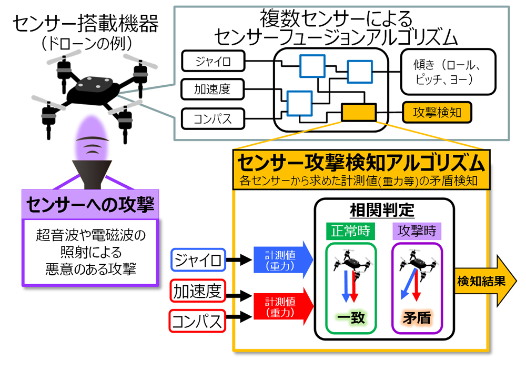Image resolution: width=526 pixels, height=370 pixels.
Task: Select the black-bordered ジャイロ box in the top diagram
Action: (x=214, y=62)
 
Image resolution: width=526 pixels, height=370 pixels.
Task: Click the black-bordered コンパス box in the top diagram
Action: (x=214, y=118)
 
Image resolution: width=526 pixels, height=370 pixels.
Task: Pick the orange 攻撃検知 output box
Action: (x=437, y=112)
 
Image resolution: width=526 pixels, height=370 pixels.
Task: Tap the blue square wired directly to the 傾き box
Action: (x=359, y=72)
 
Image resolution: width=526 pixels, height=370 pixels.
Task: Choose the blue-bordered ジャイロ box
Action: (x=199, y=259)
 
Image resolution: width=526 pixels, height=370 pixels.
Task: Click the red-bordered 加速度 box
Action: (x=199, y=291)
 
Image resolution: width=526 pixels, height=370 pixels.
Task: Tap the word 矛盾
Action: (x=417, y=319)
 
